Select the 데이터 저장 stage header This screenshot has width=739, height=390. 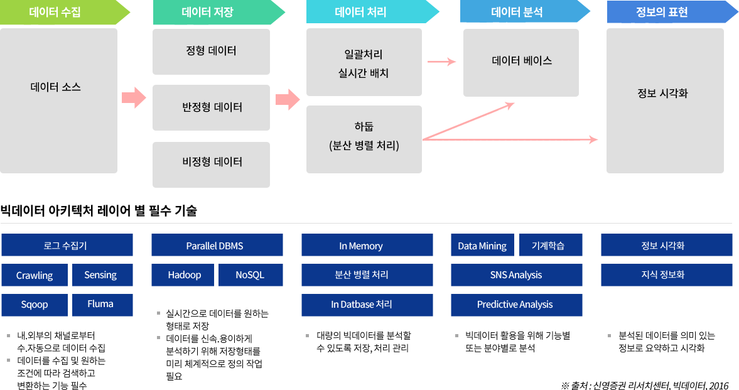point(213,13)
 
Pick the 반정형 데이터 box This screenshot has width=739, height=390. point(211,107)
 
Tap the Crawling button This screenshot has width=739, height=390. point(35,275)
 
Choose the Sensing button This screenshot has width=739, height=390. point(100,275)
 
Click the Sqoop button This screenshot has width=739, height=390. point(35,305)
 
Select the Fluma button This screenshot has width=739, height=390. point(100,305)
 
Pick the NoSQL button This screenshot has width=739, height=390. point(250,275)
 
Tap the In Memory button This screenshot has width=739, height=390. point(367,246)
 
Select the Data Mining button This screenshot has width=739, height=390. point(482,246)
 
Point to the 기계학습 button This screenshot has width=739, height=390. point(551,246)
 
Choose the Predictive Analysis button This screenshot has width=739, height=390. point(516,305)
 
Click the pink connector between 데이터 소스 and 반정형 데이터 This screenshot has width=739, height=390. point(134,97)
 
